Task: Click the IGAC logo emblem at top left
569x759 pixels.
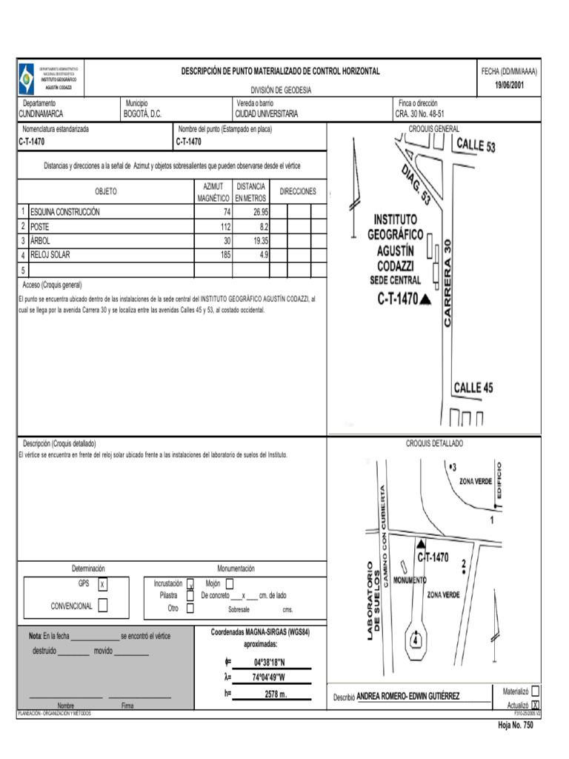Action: [x=27, y=77]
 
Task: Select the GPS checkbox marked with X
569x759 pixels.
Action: [x=102, y=585]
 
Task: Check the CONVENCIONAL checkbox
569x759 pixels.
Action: [x=102, y=606]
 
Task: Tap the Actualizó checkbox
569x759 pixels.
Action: [x=536, y=705]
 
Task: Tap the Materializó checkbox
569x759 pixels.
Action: [x=536, y=691]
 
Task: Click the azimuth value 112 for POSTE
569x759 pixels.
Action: [x=225, y=226]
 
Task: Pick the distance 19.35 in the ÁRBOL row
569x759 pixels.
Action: [x=259, y=241]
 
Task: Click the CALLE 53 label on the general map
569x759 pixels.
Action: [x=475, y=145]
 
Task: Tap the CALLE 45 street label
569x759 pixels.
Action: [x=473, y=388]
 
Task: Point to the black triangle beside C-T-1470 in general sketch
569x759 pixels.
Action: [x=425, y=300]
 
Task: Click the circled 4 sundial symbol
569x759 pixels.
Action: [x=416, y=639]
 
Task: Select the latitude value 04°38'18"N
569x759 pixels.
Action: [x=269, y=662]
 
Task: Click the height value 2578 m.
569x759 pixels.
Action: [x=275, y=695]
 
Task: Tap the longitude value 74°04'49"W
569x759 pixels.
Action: [x=269, y=677]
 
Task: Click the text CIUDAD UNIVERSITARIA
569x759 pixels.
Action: [x=267, y=114]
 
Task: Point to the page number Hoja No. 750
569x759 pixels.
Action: [x=515, y=726]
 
